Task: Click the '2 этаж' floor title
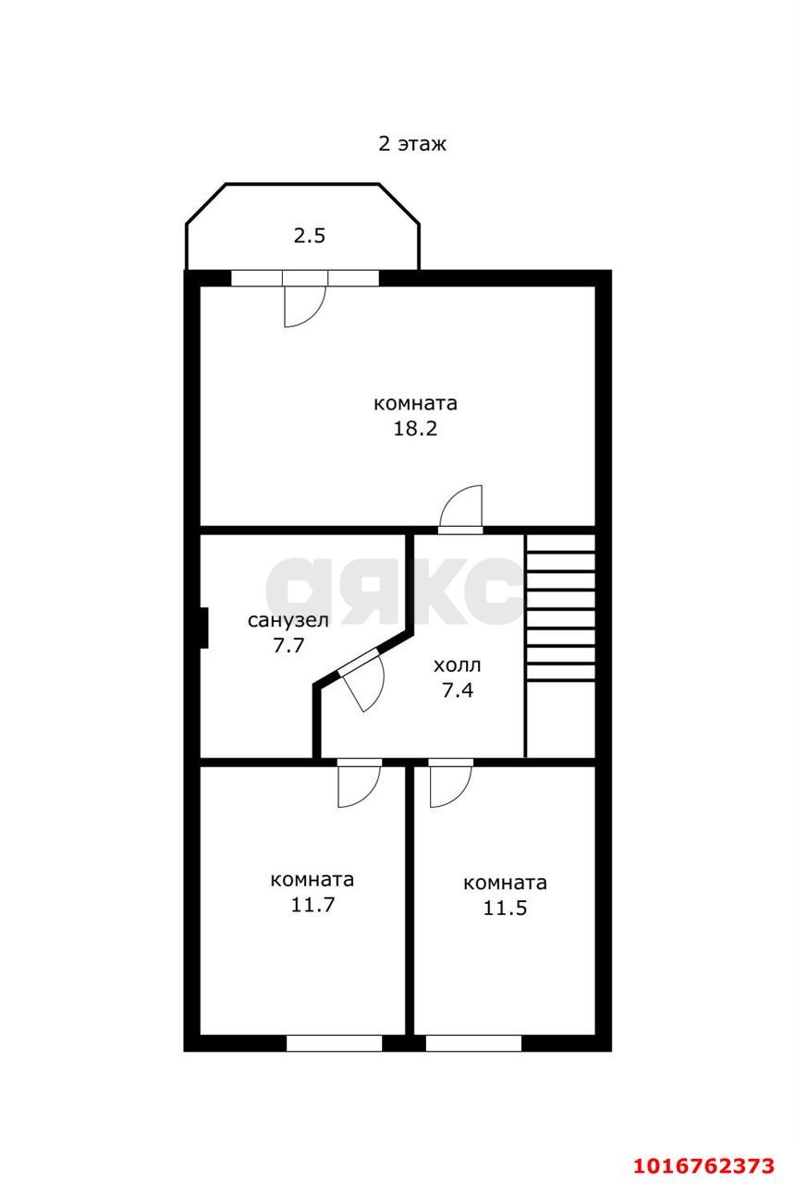pos(412,144)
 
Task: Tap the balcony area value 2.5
pos(310,236)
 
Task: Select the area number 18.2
pos(415,429)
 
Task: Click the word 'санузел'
pos(288,620)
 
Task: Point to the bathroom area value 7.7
pos(288,645)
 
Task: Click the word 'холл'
pos(458,665)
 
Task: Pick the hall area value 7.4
pos(458,689)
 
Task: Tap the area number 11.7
pos(312,905)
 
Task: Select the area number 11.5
pos(505,908)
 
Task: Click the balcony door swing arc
pos(304,306)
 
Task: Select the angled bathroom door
pos(363,683)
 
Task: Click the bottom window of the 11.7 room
pos(334,1043)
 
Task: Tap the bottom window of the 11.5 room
pos(473,1043)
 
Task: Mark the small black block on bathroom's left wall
pos(203,628)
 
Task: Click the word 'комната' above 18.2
pos(415,404)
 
